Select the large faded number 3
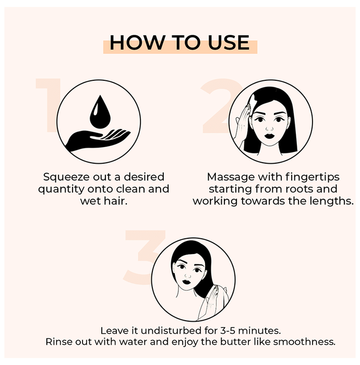click(141, 257)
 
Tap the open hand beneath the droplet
click(98, 140)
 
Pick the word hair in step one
click(115, 201)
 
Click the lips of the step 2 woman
click(269, 136)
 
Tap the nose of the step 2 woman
click(269, 128)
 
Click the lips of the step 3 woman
click(187, 282)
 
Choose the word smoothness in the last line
click(304, 342)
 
